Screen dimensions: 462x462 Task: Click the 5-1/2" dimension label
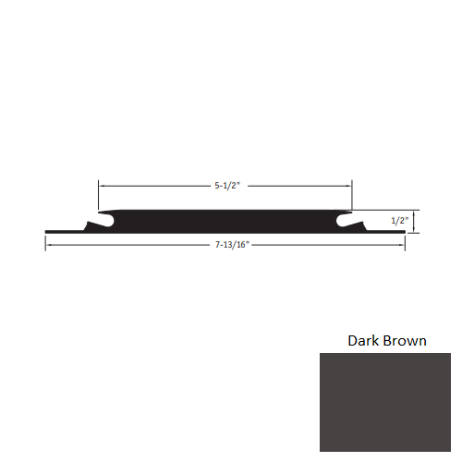(x=225, y=185)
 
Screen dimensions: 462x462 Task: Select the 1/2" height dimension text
(x=399, y=221)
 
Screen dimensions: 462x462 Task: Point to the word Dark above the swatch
(x=363, y=341)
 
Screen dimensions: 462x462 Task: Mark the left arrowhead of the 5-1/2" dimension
(x=103, y=185)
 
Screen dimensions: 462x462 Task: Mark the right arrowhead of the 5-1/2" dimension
(x=348, y=185)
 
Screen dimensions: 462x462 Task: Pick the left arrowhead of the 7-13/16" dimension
(x=49, y=244)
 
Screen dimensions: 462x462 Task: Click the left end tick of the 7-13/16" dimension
(x=45, y=242)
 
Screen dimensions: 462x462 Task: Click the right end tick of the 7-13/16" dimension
(x=405, y=242)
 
